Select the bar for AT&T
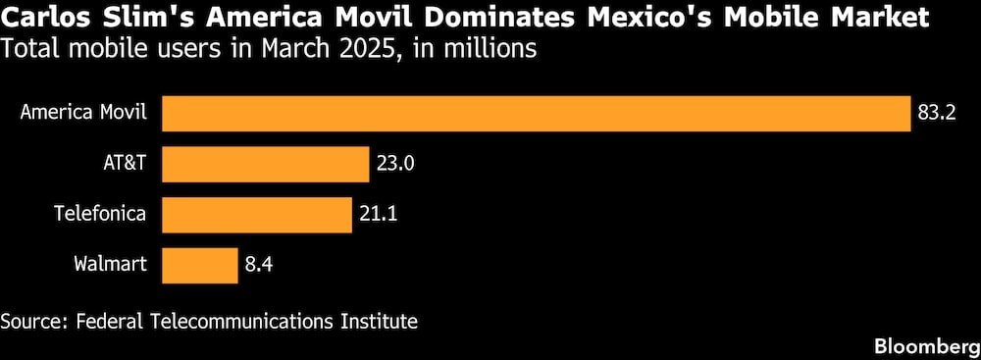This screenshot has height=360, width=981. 265,164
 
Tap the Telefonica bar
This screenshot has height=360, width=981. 256,214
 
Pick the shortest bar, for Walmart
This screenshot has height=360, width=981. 199,264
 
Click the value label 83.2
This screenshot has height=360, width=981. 938,114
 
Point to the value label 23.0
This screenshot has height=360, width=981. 396,164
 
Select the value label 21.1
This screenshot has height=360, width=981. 379,214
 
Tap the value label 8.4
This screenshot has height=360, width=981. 259,264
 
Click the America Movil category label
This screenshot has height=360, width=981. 83,114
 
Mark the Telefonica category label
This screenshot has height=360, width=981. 100,214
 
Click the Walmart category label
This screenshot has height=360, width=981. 110,264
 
